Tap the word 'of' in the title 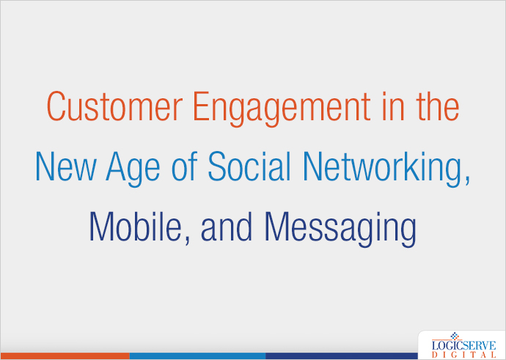[182, 168]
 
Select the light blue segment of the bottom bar [197, 356]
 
